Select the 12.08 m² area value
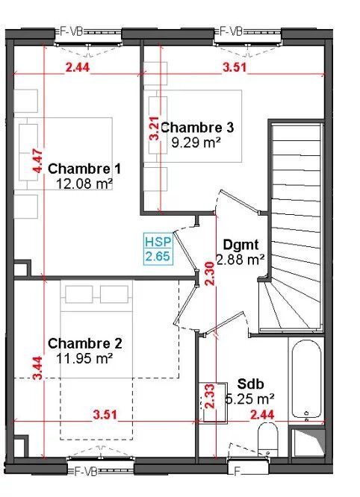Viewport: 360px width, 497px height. point(84,183)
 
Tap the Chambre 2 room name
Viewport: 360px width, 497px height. point(84,343)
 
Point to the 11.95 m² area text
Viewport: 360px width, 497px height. point(84,357)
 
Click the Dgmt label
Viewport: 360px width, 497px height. point(240,245)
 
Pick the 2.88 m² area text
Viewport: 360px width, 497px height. point(240,259)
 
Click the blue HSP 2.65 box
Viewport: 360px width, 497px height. point(158,249)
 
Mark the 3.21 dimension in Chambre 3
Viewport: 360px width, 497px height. point(154,128)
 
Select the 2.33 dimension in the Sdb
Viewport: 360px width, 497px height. point(211,396)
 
